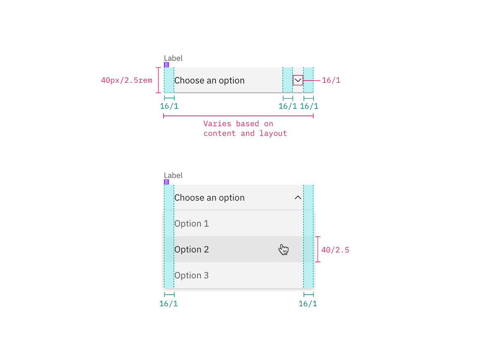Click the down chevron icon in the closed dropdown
(x=298, y=80)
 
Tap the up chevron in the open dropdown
(x=298, y=198)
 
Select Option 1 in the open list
(x=191, y=224)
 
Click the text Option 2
(x=191, y=250)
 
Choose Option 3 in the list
(x=191, y=276)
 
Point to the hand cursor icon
(x=284, y=250)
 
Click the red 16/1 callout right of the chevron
(x=331, y=80)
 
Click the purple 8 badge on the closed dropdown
(x=166, y=65)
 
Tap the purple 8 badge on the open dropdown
(x=166, y=182)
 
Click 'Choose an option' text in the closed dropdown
(x=209, y=80)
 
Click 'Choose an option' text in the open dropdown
(x=209, y=198)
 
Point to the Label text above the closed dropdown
(x=173, y=58)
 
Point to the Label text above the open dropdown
(x=173, y=175)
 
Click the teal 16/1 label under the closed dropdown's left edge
(x=169, y=106)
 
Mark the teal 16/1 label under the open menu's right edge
(x=308, y=304)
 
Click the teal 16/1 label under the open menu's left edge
(x=169, y=304)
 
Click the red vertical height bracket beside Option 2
(x=318, y=250)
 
